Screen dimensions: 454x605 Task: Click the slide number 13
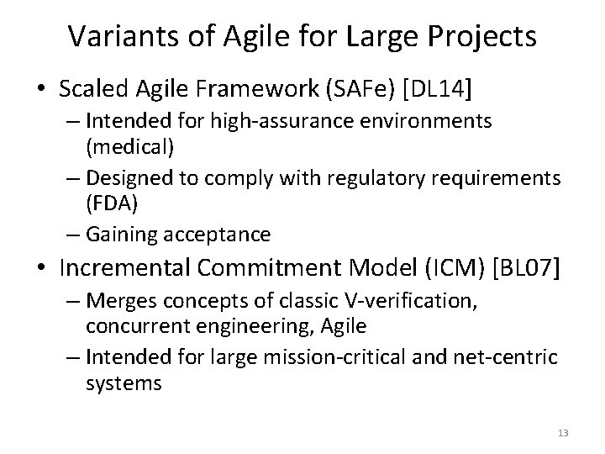coord(563,433)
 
